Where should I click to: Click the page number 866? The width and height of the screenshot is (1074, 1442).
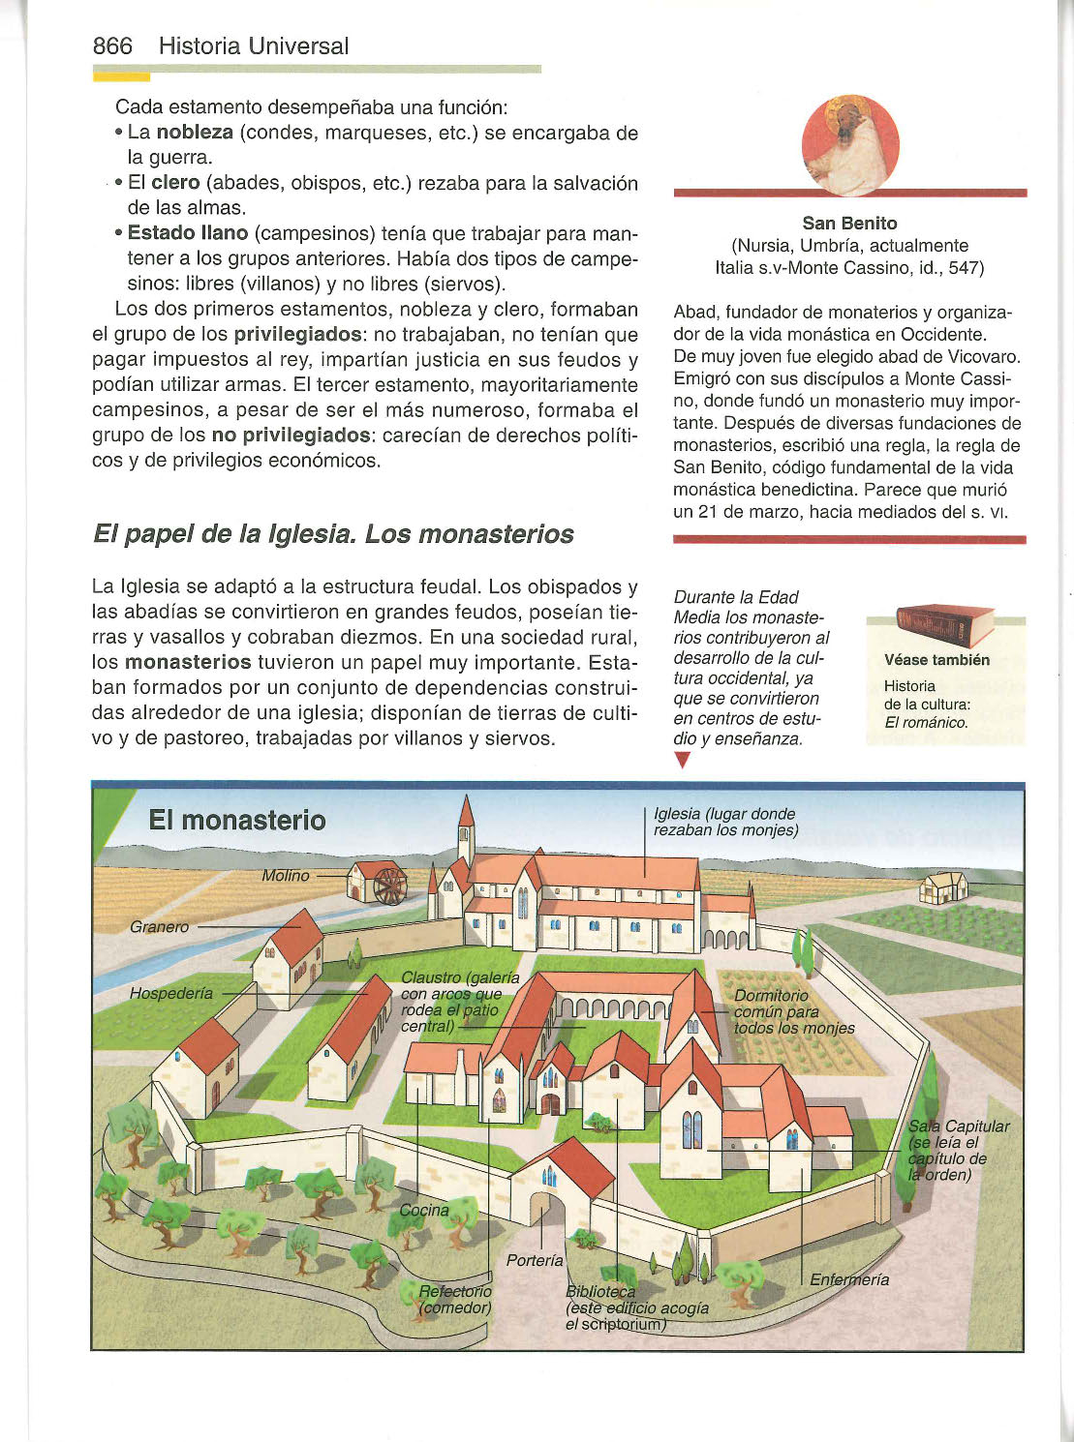point(112,45)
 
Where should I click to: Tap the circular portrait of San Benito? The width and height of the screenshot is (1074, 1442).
point(850,145)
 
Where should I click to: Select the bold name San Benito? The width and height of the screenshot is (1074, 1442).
point(849,224)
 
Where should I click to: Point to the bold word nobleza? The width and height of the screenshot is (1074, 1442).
point(194,133)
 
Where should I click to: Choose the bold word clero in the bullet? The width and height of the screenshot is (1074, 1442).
point(175,183)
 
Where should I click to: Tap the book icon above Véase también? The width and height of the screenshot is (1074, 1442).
point(945,624)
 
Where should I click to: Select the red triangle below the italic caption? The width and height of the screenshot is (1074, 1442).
point(682,761)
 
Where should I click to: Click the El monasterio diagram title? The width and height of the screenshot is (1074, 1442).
point(237,821)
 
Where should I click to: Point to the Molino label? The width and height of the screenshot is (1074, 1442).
point(286,876)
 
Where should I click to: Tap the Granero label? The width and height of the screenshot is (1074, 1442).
point(160,927)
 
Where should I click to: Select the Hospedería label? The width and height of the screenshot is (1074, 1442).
point(171,994)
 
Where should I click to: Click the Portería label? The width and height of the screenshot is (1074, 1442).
point(535,1260)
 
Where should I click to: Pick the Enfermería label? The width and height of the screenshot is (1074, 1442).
point(849,1279)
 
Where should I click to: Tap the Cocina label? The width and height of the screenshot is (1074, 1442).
point(424,1210)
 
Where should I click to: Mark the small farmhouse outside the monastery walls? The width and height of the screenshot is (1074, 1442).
point(943,886)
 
